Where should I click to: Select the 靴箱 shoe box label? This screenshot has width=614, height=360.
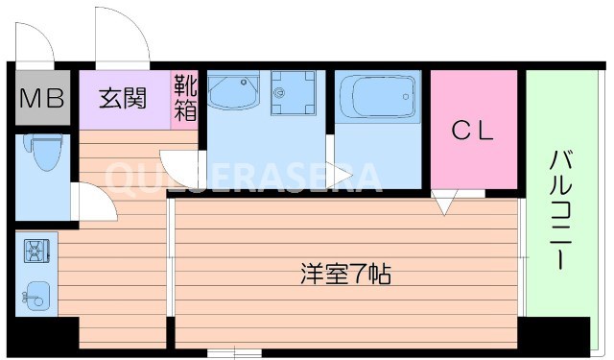(x=184, y=97)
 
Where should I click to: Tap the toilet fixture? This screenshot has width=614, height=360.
(x=42, y=154)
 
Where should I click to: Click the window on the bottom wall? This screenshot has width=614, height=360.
(x=234, y=352)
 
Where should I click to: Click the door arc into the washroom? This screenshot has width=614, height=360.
(x=180, y=165)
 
